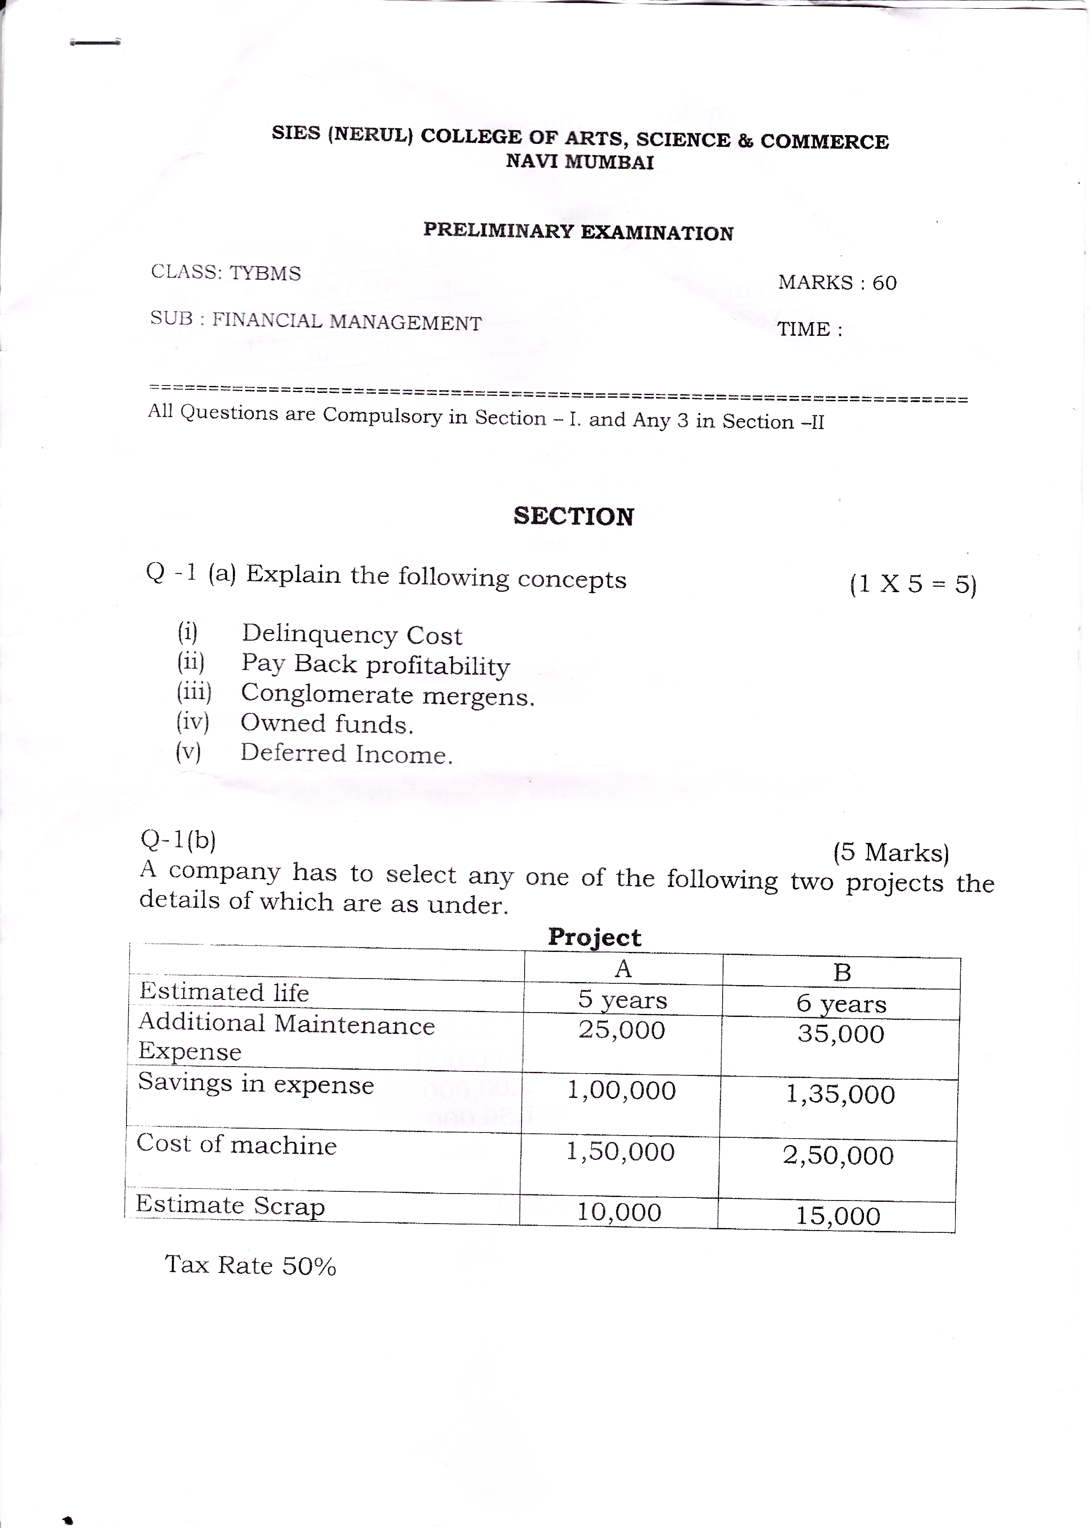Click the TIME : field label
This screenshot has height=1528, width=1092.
point(809,329)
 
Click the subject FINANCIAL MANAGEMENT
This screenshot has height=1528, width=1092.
point(347,322)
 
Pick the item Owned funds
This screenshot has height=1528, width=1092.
point(327,724)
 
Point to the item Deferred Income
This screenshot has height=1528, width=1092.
point(346,754)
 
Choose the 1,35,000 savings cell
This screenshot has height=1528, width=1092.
point(840,1095)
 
